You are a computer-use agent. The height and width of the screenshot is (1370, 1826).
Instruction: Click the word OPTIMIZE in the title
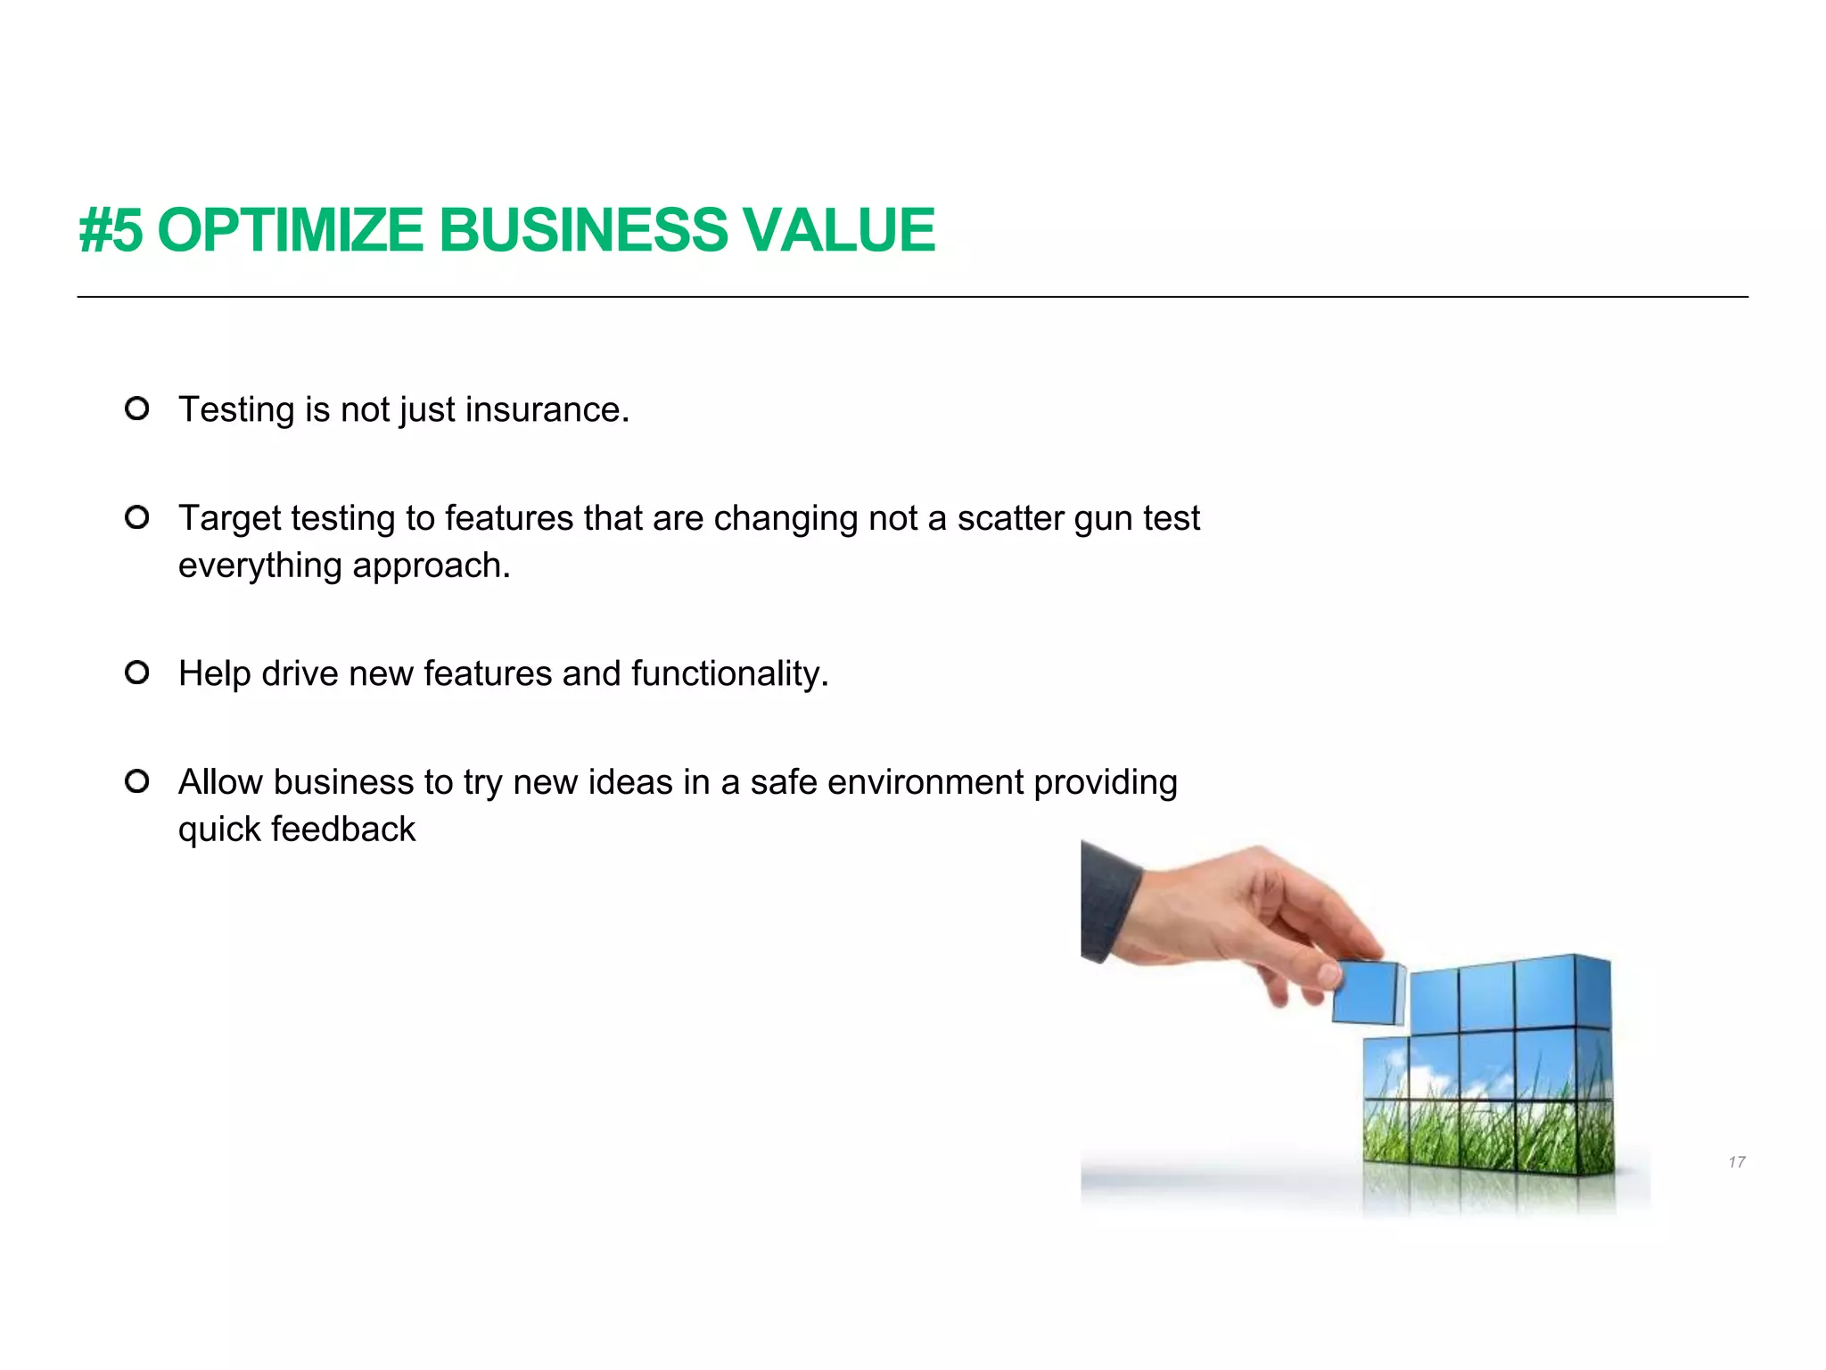(x=290, y=230)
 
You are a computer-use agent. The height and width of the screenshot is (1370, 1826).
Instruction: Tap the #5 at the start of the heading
(x=111, y=230)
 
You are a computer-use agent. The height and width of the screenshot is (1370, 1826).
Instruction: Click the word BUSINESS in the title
(x=583, y=230)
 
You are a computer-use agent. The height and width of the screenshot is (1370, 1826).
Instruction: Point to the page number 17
(x=1736, y=1162)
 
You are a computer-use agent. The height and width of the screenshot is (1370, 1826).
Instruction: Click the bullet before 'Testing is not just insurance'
(x=136, y=409)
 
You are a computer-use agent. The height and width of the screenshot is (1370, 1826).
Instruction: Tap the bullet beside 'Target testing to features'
(x=136, y=517)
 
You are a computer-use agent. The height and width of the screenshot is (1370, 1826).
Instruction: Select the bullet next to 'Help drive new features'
(x=136, y=673)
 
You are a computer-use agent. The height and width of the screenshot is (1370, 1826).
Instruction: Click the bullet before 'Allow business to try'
(x=136, y=781)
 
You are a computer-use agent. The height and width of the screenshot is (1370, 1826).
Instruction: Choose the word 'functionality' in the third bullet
(x=728, y=673)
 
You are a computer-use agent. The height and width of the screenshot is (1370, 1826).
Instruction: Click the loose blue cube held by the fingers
(x=1366, y=992)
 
